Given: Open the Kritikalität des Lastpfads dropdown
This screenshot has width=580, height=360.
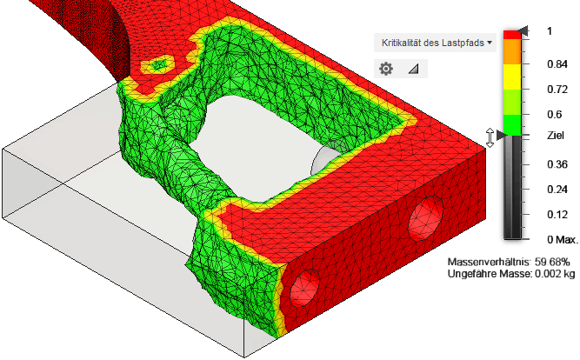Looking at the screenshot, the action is click(436, 43).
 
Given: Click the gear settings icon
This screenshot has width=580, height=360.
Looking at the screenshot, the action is click(386, 69).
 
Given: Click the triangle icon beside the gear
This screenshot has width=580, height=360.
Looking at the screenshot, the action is click(414, 69).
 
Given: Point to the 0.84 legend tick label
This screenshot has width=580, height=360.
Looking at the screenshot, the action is click(557, 64).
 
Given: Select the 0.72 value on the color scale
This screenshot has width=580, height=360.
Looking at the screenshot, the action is click(557, 90).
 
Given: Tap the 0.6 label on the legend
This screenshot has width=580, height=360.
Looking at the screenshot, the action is click(555, 115).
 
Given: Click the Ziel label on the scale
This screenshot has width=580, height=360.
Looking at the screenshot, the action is click(556, 136).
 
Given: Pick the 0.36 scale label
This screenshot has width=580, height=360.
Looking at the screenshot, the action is click(557, 164).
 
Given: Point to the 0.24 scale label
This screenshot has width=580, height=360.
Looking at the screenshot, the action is click(557, 190).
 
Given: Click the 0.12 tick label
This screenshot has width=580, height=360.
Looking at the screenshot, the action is click(557, 215).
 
